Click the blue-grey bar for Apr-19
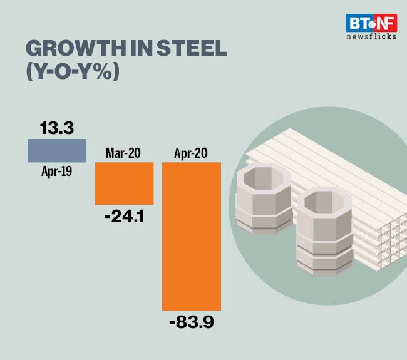coord(56,150)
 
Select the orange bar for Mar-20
coord(124,183)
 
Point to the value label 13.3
coord(56,128)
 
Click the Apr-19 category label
coord(56,170)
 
